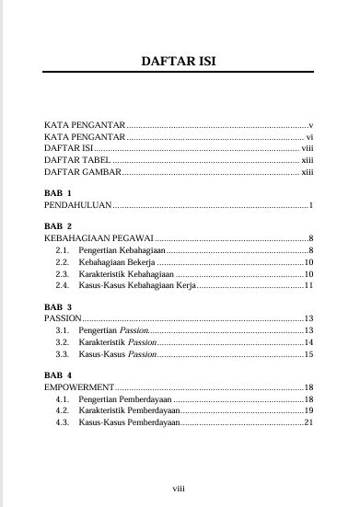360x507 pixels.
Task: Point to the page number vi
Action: click(310, 135)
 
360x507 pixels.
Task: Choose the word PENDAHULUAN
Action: click(74, 204)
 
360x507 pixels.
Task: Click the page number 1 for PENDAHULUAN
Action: click(313, 204)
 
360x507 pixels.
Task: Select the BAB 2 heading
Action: click(58, 225)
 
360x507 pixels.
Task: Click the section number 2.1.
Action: click(63, 249)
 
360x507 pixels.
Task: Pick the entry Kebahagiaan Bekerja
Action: click(115, 261)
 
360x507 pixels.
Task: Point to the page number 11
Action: click(309, 285)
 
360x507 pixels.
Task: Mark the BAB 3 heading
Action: click(58, 306)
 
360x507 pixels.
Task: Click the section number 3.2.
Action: click(63, 342)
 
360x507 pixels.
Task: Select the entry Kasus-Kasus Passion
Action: click(113, 354)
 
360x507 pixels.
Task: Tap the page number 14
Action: click(309, 342)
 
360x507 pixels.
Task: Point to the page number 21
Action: click(309, 423)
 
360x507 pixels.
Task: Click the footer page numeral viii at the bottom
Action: click(180, 487)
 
